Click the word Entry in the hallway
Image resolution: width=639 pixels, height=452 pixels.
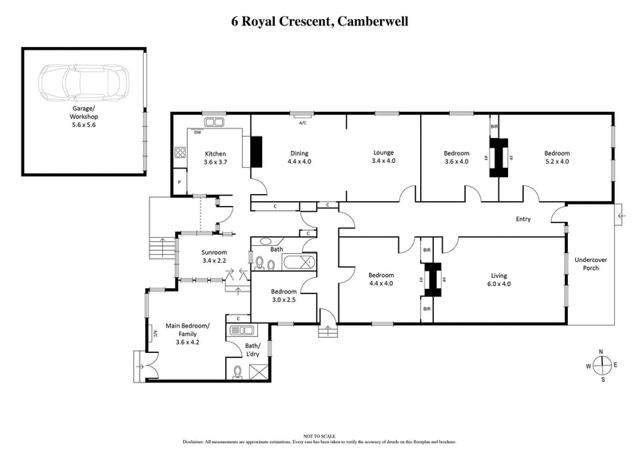524,220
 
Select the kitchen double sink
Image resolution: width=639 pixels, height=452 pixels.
215,122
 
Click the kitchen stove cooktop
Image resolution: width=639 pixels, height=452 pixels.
181,153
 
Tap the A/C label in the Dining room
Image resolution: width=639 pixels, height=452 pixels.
302,124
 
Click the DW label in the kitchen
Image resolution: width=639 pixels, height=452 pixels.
196,133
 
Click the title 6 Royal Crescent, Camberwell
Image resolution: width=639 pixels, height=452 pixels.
319,19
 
